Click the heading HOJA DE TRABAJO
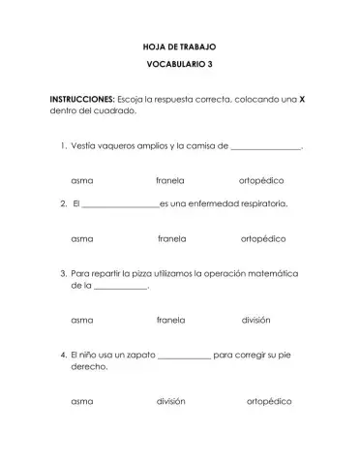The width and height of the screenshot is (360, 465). tap(181, 46)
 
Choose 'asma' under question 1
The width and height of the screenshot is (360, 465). tap(82, 181)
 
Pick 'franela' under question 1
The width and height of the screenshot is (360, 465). tap(170, 181)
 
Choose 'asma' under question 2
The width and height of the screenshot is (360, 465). tap(82, 238)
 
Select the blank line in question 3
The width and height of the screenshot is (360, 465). tap(120, 289)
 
